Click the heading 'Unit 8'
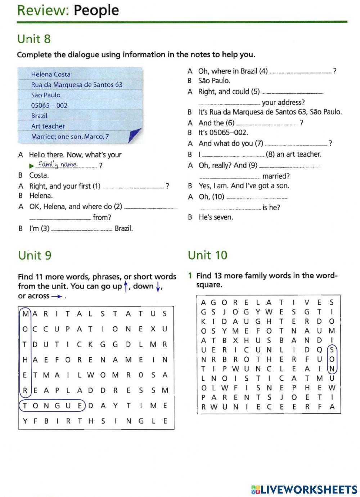34,39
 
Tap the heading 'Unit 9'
35,255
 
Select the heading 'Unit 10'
207,255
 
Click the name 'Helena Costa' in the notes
51,74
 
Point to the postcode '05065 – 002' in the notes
49,106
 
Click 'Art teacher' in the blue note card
48,126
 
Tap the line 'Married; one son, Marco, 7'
70,136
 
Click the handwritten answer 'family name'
58,165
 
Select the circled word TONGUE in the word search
52,406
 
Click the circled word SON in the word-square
332,359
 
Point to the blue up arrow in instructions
126,287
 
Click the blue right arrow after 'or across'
57,296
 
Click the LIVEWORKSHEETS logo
304,489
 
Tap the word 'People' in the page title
96,10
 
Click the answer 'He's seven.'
216,217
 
